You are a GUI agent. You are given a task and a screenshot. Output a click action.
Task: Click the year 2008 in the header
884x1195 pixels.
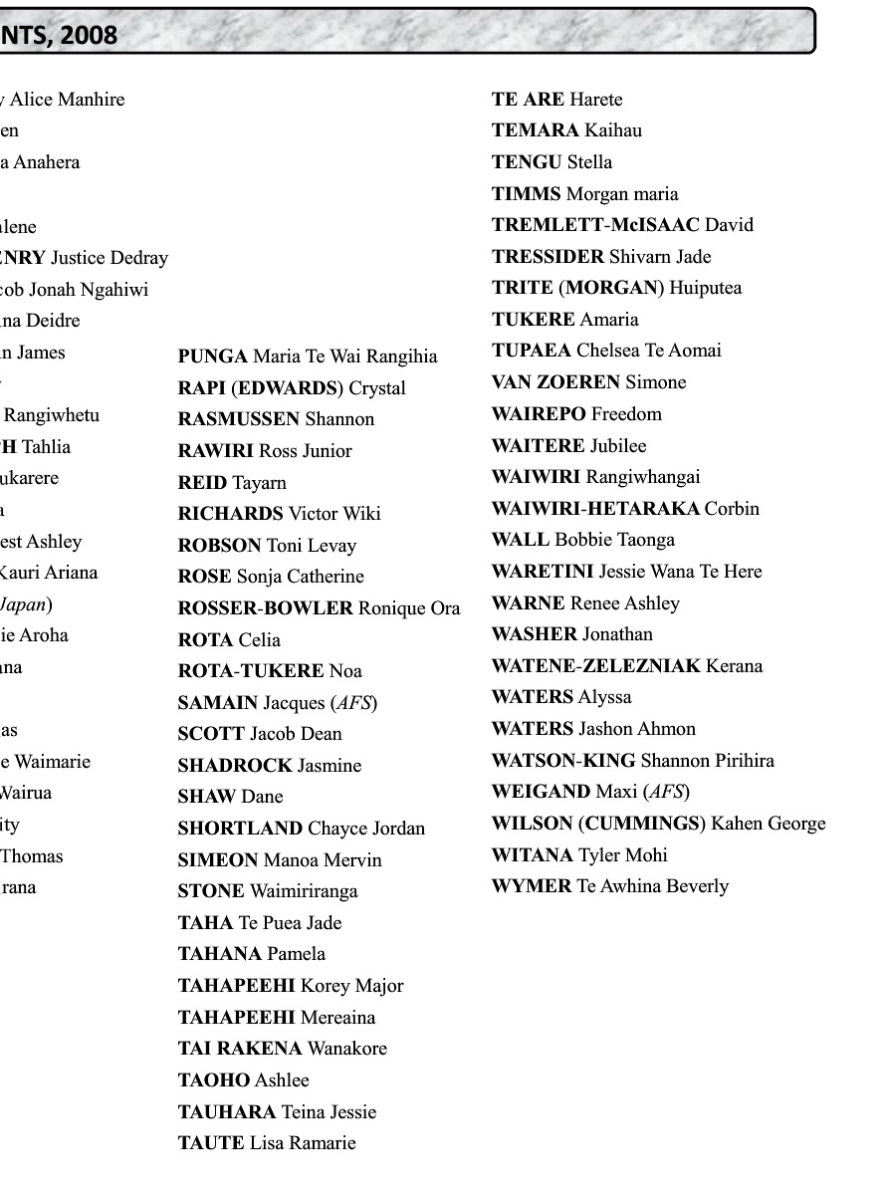(93, 36)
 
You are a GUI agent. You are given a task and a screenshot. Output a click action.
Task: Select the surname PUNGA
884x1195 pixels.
(212, 357)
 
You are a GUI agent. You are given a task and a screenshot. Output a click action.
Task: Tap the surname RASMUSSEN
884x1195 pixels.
(239, 419)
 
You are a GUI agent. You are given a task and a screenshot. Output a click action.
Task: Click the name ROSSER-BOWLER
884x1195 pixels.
(266, 608)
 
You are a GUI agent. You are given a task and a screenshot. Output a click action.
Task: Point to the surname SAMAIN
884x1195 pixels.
(218, 703)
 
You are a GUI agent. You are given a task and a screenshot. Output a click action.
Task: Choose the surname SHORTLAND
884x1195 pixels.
(240, 829)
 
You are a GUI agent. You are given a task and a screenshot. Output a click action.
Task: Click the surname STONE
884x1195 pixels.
(211, 891)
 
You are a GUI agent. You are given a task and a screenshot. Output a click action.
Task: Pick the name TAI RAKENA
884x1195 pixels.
(240, 1049)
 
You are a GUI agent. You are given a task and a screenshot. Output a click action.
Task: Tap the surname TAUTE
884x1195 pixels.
(211, 1143)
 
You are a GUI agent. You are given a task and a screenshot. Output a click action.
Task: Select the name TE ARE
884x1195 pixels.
(529, 100)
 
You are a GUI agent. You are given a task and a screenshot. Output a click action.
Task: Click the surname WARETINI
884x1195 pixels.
(543, 572)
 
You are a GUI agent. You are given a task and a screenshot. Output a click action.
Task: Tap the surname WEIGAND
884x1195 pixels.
(541, 793)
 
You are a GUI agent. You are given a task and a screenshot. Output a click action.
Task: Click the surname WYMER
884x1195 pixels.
(532, 886)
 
